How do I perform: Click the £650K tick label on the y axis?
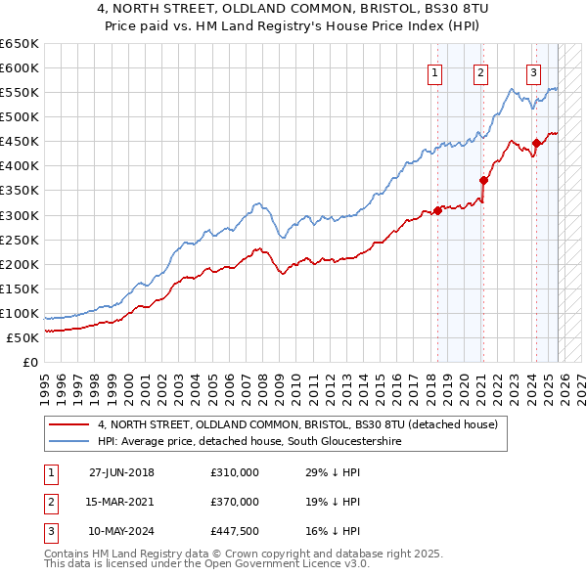tap(20, 44)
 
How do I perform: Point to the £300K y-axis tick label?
tap(20, 215)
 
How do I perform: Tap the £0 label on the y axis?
tap(29, 362)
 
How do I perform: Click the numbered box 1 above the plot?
tap(434, 71)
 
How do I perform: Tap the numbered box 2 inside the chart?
tap(480, 71)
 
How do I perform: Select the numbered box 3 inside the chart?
tap(533, 71)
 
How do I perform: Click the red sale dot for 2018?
tap(437, 211)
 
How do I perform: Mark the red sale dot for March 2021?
tap(483, 180)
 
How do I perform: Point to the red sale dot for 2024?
tap(536, 143)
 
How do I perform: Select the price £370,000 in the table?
tap(234, 502)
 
